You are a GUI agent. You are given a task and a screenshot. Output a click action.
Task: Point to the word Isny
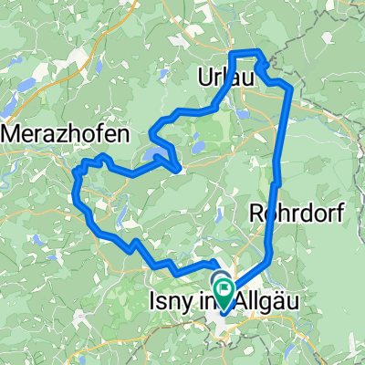click(x=169, y=297)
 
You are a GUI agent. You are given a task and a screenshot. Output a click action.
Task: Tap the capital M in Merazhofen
click(x=14, y=133)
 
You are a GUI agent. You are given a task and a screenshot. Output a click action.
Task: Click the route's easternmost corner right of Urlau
click(x=291, y=89)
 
